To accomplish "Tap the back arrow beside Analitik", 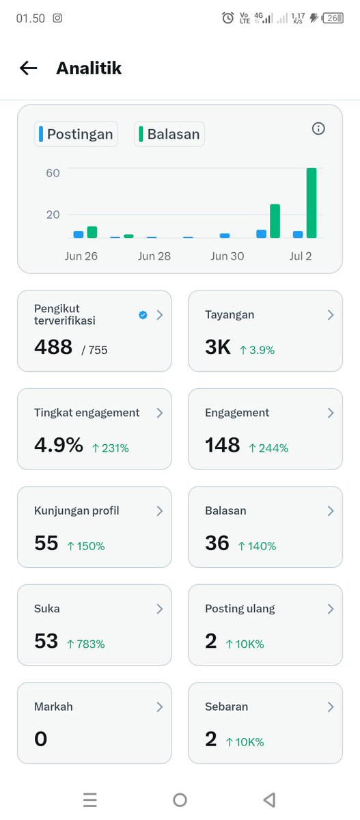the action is pos(29,68).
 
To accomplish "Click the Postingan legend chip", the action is pos(76,134).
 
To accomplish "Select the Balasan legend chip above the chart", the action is pos(169,134).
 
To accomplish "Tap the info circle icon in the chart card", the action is pos(318,128).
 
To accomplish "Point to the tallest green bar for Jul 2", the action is pos(311,203).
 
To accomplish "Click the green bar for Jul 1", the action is pos(275,221).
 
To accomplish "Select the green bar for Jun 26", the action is pos(92,232).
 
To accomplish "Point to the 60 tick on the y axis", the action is pos(53,173).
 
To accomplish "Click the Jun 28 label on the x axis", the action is pos(154,256).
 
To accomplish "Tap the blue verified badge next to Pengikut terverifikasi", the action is pos(143,315).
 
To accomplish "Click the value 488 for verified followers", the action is pos(53,346).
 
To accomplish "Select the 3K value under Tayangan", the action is pos(218,346).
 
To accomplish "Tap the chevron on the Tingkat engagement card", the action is pos(160,413).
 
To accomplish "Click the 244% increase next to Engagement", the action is pos(269,448).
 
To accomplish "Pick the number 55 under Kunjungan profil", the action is pos(46,543).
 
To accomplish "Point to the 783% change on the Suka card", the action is pos(86,644).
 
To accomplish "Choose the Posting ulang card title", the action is pos(240,608).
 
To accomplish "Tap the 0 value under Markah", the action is pos(40,739).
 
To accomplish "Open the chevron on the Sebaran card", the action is pos(331,707).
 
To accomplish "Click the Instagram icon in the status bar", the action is pos(57,18).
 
